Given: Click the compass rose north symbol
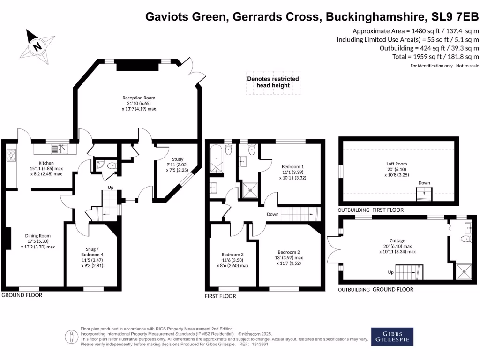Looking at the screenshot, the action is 37,47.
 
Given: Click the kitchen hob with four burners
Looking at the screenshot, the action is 11,155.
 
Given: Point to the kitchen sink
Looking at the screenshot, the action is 60,149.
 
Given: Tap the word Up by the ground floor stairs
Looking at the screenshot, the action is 111,187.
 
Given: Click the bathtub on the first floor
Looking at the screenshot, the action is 217,158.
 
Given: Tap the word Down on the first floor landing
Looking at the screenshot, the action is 272,214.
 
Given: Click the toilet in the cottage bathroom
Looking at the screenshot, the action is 466,239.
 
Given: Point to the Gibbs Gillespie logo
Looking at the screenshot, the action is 392,337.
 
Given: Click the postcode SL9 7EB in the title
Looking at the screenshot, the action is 455,16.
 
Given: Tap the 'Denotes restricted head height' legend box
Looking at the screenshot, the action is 273,82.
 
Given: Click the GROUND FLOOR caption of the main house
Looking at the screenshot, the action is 22,295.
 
